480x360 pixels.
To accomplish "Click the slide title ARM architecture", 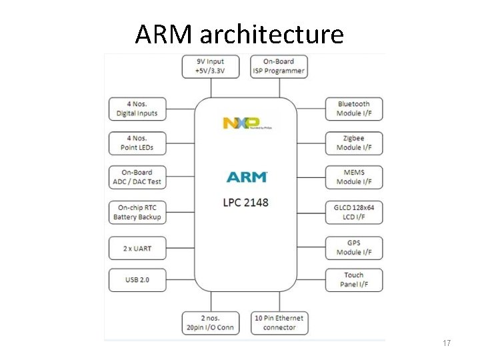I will (x=239, y=33).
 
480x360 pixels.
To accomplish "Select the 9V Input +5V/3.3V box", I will (x=210, y=67).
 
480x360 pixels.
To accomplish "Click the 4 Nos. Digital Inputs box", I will (x=137, y=109).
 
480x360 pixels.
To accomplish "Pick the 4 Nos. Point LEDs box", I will (x=137, y=143).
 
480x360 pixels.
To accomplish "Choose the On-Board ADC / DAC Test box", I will (x=137, y=177).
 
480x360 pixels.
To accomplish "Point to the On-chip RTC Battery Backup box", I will (x=137, y=212).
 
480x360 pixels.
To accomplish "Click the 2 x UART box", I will (x=137, y=248).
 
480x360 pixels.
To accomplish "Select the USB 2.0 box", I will (x=137, y=279).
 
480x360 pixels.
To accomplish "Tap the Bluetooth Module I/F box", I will (x=354, y=109).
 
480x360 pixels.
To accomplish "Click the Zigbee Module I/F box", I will (x=354, y=143).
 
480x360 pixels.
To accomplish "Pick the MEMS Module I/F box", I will (x=354, y=177).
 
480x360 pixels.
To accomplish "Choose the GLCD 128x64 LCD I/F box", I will (x=354, y=212).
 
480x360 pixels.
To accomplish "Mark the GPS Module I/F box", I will (x=354, y=247).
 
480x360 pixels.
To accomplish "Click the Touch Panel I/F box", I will (x=354, y=279).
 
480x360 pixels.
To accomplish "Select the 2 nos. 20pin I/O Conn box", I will (x=210, y=323).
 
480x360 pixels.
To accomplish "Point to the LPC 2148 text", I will (x=246, y=202).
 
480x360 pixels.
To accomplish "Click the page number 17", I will (x=447, y=343).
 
